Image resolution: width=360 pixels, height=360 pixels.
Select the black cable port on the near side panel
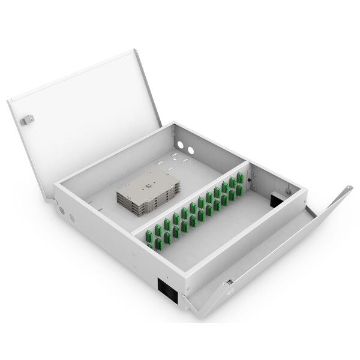(x=167, y=289)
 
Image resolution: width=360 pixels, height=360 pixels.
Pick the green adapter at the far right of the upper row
(x=239, y=178)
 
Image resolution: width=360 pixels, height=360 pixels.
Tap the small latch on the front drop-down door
(x=229, y=282)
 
